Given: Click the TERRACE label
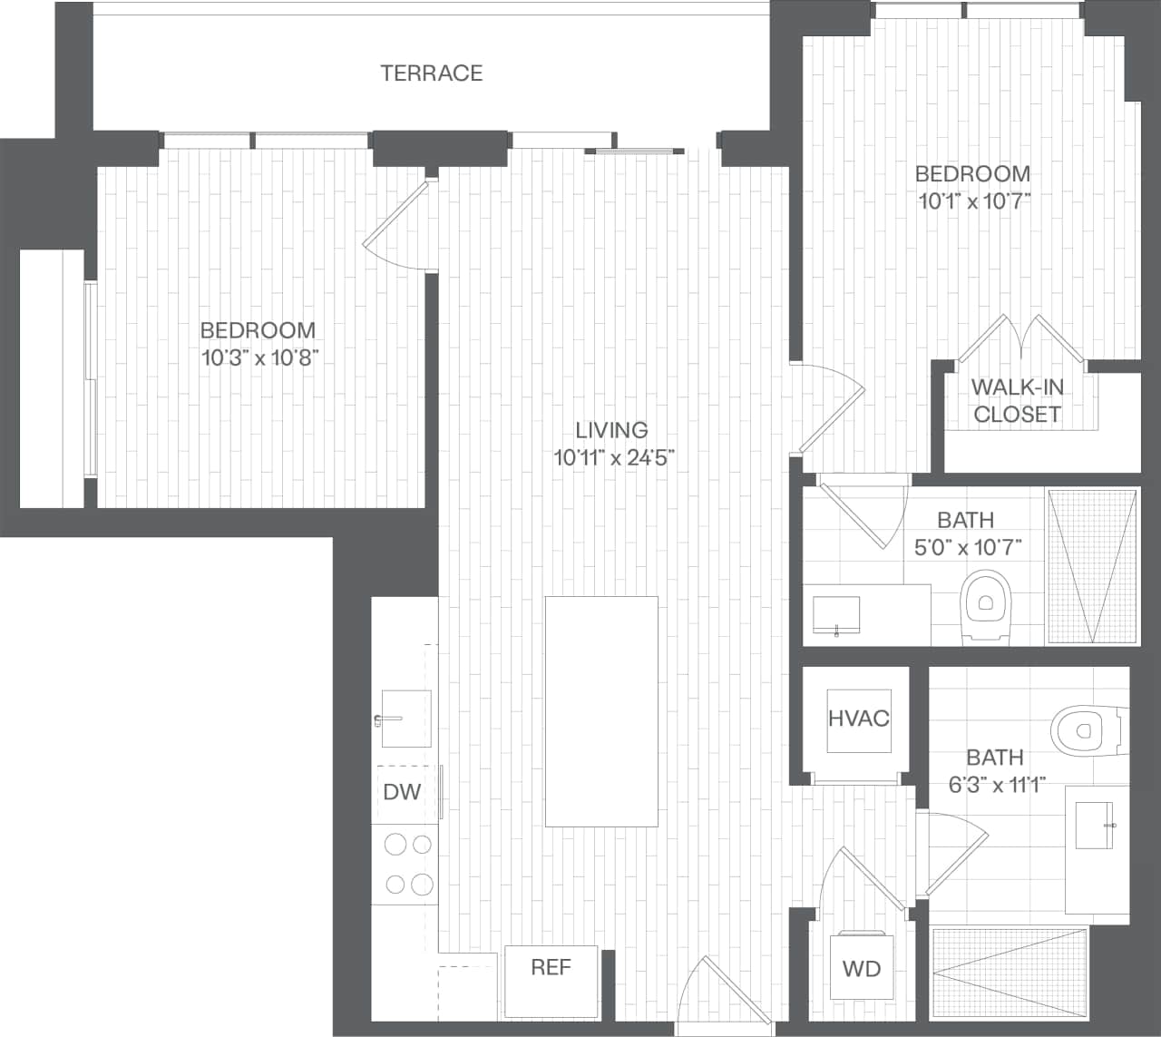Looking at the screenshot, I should point(432,73).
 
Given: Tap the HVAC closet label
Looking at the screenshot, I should point(858,719).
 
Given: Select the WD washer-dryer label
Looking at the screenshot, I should point(861,969).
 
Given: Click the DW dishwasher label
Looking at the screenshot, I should point(402,792).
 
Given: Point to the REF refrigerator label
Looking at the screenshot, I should point(551,967).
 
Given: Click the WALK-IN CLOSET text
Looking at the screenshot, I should point(1017,401).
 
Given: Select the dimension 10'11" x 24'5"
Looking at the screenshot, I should point(615,457).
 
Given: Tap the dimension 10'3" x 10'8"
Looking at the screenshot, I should point(258,357).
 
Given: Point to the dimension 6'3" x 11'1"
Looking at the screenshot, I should point(997,785).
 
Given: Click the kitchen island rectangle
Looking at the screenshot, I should point(601,711).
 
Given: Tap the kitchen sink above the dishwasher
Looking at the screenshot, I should point(405,719).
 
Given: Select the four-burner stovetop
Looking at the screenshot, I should point(408,864).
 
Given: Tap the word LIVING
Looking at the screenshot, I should point(611,429).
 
